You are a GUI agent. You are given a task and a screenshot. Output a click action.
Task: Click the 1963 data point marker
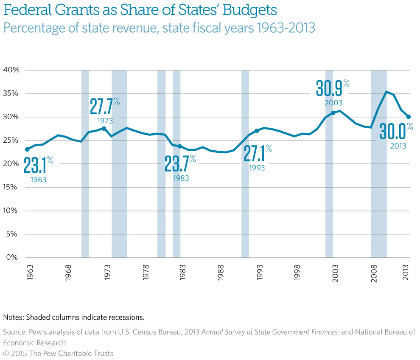coord(27,149)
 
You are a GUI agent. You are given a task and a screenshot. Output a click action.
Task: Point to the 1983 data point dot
coord(180,146)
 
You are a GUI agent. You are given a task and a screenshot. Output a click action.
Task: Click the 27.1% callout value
coord(255,154)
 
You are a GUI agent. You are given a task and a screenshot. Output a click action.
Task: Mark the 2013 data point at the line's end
coord(409,129)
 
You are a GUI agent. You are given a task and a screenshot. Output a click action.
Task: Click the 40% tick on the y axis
coord(11,70)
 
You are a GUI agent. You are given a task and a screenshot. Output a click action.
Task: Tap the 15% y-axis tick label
coord(11,187)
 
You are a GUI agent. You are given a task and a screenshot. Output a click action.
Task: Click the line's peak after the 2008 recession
coord(386,92)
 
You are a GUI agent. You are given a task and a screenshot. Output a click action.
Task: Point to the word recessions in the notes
coord(127,317)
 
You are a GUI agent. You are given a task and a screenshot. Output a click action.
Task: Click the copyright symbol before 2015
coord(6,353)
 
